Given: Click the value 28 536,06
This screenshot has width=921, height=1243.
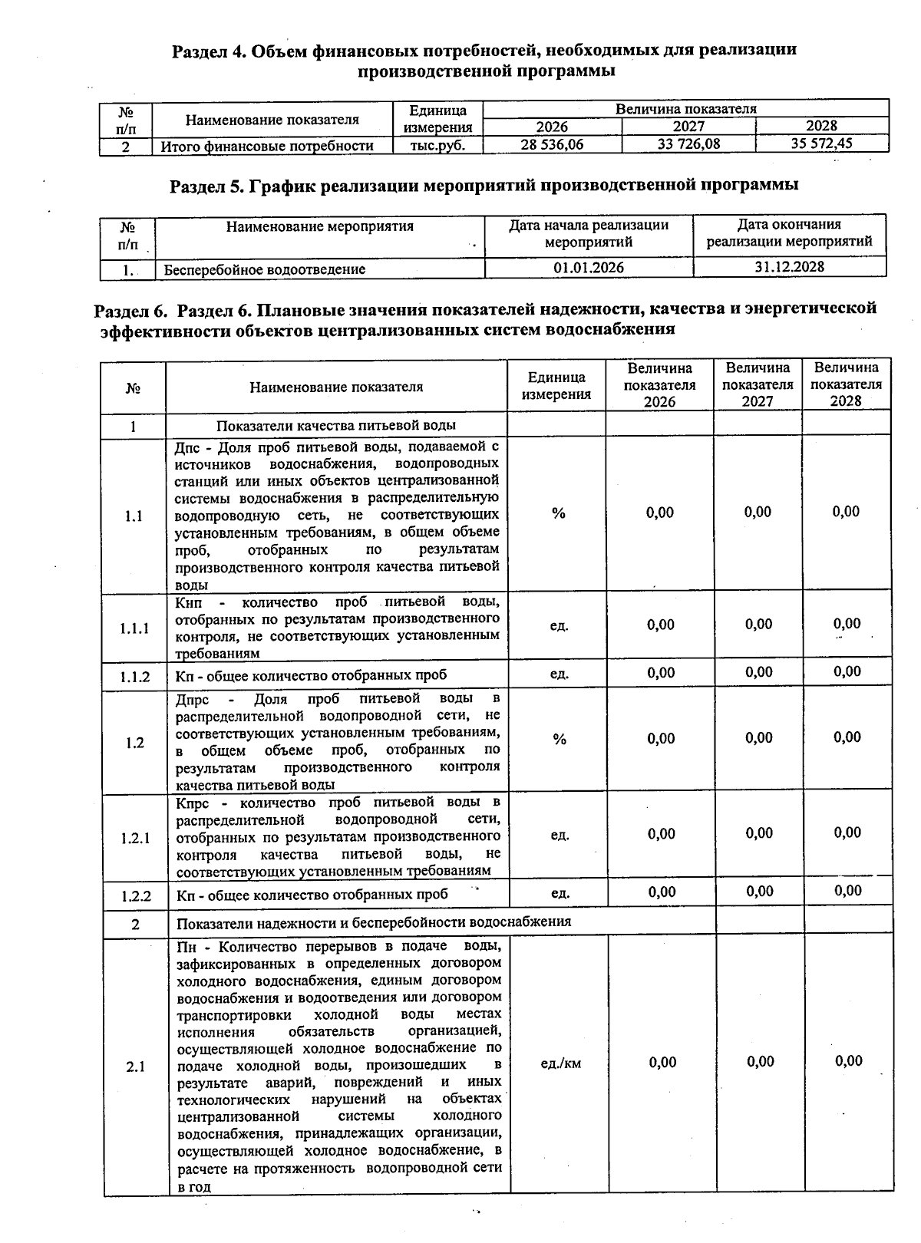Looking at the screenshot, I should pos(552,144).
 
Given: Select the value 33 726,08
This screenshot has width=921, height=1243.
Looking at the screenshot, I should pos(688,143).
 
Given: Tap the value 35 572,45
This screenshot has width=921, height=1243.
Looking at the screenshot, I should pos(821,143).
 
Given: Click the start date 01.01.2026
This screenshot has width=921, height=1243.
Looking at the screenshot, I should pos(589,268).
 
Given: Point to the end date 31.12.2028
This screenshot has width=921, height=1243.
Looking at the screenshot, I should pos(789,267).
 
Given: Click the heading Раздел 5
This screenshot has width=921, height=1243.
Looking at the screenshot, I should pos(484,185).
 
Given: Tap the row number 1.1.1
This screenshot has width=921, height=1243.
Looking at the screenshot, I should pos(134,628).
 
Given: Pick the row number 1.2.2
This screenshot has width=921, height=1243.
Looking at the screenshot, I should pos(135,895).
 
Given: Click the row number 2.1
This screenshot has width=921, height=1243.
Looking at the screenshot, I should pos(136,1067).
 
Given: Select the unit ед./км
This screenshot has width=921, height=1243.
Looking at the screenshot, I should pos(560,1063).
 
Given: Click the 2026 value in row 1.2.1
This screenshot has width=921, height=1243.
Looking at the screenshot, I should pos(661,834).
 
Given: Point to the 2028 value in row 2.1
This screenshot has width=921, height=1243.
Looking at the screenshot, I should pos(848,1061).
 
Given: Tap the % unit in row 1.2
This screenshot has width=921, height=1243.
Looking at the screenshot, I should pos(560,739).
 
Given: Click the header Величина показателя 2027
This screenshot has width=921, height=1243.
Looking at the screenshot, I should pos(758,384).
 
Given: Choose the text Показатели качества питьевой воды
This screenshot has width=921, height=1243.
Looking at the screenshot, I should pos(336,425).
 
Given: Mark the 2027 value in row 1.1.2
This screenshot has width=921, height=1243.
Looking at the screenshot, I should pos(758,673).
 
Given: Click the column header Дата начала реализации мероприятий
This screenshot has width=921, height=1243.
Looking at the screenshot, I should pos(589,233).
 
